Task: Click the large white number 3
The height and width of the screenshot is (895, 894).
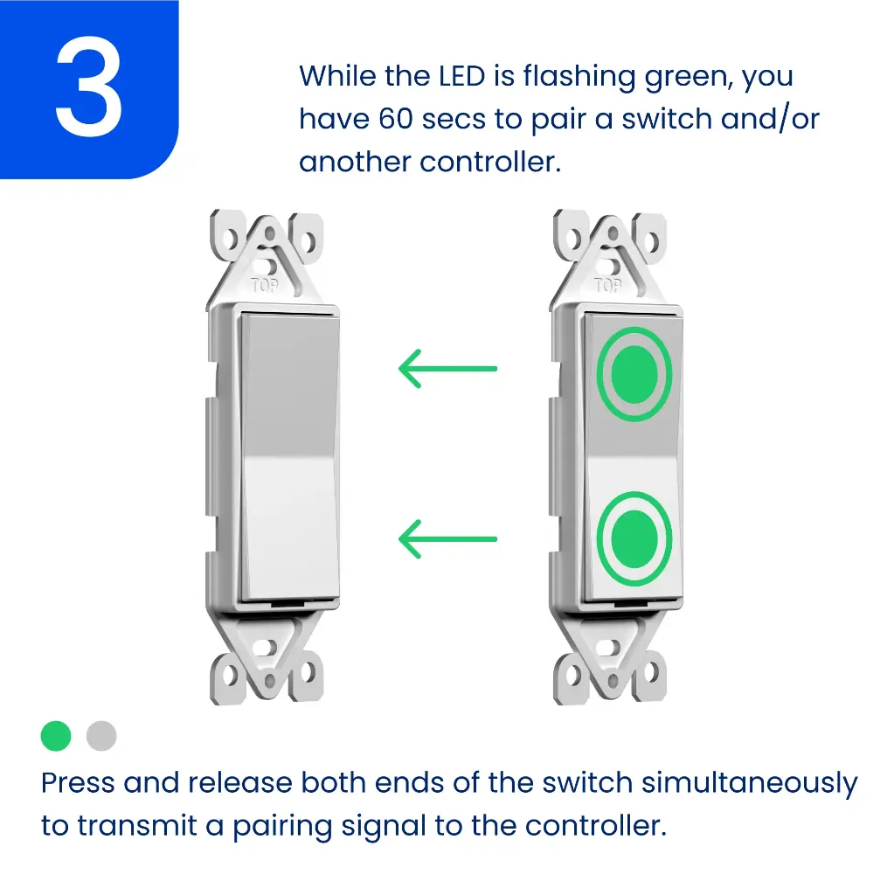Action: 88,87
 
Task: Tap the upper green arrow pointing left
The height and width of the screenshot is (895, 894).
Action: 447,369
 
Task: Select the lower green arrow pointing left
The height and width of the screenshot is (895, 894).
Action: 447,538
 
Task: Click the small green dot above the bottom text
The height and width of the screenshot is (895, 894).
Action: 56,736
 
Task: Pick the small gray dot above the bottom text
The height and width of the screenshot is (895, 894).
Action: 101,736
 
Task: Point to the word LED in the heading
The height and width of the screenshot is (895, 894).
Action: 461,76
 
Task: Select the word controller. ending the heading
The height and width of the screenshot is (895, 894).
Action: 490,162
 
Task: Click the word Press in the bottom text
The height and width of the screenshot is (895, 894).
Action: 78,782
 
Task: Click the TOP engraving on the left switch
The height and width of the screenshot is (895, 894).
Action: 265,286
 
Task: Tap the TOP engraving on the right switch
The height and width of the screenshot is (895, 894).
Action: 607,286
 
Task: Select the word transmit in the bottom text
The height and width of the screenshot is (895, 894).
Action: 137,826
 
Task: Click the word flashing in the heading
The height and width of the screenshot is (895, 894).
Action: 579,78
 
